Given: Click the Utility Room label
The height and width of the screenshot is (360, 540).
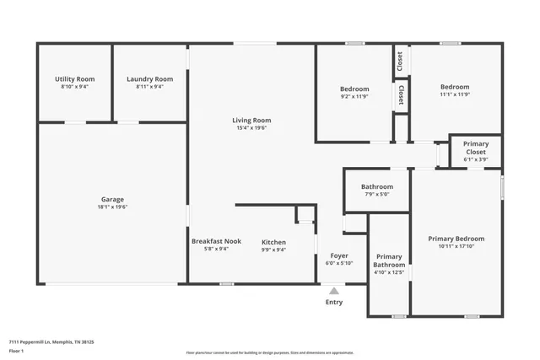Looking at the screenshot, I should point(74,78).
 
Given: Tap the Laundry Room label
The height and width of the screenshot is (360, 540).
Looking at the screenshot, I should point(149,78).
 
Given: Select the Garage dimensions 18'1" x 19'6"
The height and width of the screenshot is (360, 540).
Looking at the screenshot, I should point(112,207).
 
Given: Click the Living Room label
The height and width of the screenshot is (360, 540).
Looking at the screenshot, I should point(251,120).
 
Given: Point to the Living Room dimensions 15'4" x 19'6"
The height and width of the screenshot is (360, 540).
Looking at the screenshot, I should point(251,128).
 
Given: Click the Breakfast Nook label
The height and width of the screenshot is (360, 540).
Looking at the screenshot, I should point(216,241).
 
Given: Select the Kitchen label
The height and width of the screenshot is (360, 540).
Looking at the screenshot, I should point(273,242).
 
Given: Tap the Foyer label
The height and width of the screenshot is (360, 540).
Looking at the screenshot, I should point(339,255).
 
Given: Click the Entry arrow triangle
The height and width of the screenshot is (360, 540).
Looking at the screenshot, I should point(334,289).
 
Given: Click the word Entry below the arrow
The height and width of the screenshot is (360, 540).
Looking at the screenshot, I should point(334,302).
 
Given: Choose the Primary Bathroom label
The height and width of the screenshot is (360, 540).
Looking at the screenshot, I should point(389,261).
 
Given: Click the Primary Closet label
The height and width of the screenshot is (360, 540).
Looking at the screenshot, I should point(476,148).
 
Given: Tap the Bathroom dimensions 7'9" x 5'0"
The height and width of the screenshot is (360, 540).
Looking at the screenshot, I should point(376,194).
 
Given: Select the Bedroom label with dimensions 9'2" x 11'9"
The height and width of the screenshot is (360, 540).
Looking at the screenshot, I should point(354,89).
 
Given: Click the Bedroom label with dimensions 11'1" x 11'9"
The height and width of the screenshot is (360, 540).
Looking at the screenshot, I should point(454,86).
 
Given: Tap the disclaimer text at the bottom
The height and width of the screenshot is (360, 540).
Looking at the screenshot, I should point(269,352).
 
